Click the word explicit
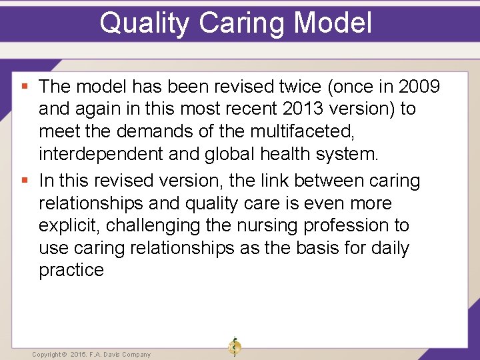coord(69,225)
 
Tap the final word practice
coord(71,270)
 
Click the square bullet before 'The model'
coord(25,87)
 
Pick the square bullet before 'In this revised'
coord(25,181)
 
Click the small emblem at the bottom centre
coord(235,347)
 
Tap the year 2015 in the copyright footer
coord(79,355)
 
